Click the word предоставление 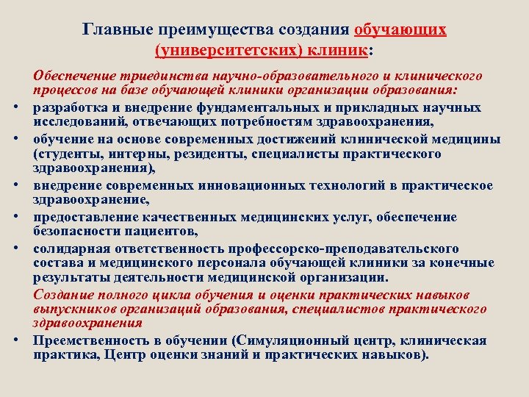pos(79,217)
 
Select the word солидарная pos(68,248)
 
